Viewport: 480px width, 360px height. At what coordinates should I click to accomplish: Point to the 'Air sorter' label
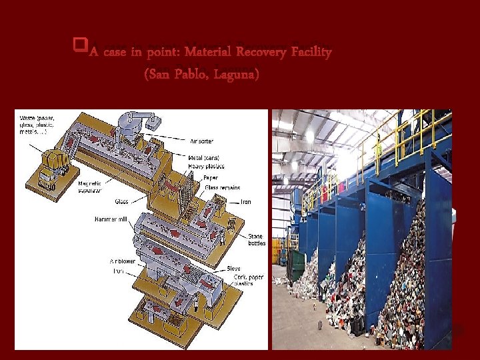tap(203, 141)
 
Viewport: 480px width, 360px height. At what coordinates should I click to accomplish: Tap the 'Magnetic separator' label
tap(90, 186)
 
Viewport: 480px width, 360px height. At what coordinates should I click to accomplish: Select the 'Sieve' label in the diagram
tap(233, 268)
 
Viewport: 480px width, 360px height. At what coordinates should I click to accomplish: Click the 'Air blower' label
tap(123, 261)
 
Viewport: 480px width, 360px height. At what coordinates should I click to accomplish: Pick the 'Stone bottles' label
tap(256, 239)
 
